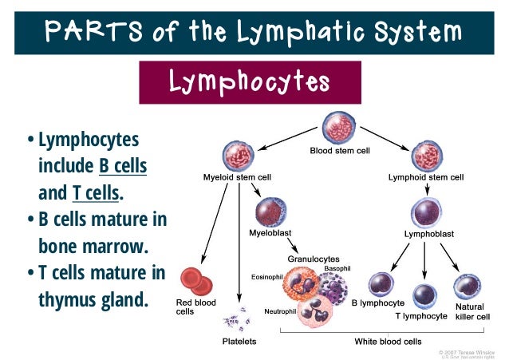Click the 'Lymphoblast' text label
pyautogui.click(x=430, y=234)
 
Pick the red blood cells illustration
pyautogui.click(x=195, y=281)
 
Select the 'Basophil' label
pyautogui.click(x=336, y=268)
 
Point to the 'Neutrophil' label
pyautogui.click(x=281, y=309)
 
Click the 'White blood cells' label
pyautogui.click(x=388, y=341)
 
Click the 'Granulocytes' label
pyautogui.click(x=313, y=259)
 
